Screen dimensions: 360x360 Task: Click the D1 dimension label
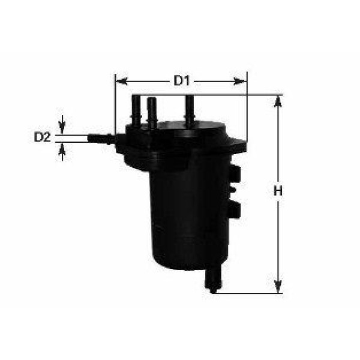pos(181,80)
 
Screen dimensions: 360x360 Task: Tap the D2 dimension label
pos(41,137)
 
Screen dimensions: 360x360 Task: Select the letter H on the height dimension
pos(277,191)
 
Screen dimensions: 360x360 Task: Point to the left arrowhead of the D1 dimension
pos(119,80)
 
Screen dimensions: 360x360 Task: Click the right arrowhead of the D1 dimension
pos(242,80)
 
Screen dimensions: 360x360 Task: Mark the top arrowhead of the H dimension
pos(277,101)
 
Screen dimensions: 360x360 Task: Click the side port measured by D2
pos(100,139)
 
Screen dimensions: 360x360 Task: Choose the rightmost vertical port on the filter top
pos(189,109)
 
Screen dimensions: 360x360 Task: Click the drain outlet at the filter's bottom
pos(213,281)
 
